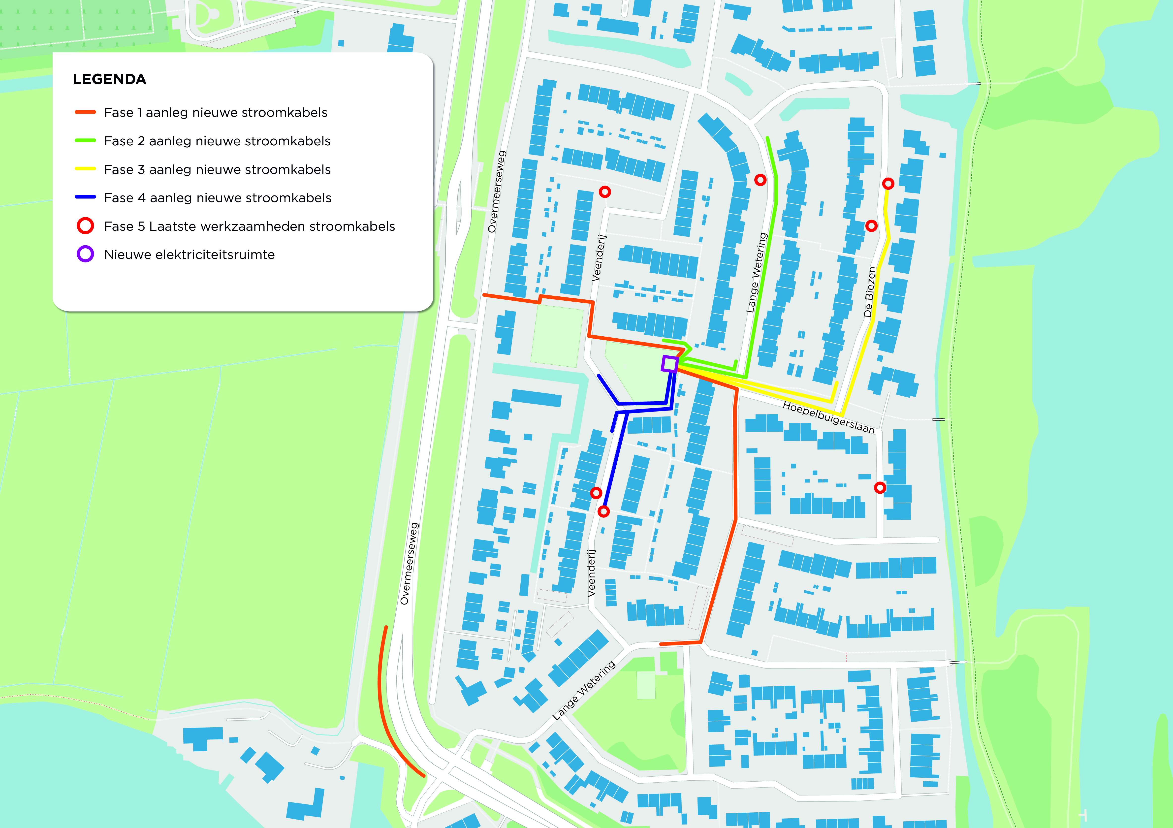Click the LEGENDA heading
coord(109,79)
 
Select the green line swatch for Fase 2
coord(85,140)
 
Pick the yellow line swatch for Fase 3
coord(85,169)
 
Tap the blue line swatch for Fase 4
coord(85,197)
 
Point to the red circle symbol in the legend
coord(85,226)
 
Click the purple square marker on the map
coord(669,364)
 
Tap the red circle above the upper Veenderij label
coord(605,192)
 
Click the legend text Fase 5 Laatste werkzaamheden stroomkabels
coord(249,226)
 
